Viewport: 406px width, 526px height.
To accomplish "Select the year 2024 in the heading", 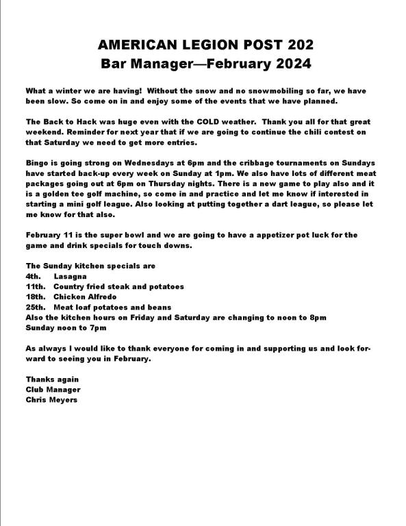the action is [x=291, y=65].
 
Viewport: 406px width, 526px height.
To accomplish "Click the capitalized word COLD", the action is [x=212, y=121].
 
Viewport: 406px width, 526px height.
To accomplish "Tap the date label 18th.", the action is [x=36, y=297].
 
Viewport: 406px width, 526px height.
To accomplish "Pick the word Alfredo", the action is [x=103, y=297].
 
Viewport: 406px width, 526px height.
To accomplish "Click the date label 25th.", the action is [x=36, y=307].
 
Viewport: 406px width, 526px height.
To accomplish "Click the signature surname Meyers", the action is [x=63, y=399].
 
